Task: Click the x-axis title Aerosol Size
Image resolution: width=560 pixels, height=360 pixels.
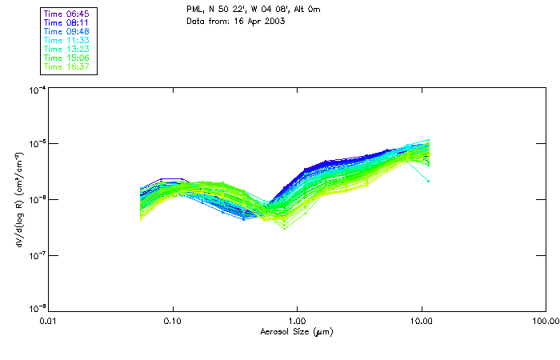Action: pyautogui.click(x=296, y=331)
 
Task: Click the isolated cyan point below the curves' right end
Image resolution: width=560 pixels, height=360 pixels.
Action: pyautogui.click(x=429, y=181)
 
